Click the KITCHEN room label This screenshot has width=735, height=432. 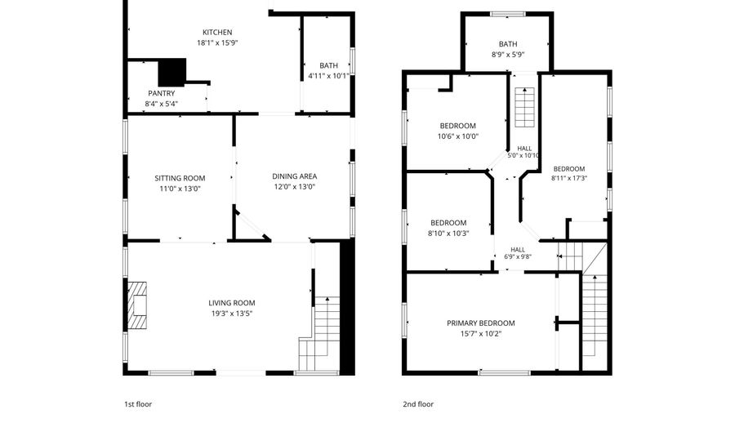click(217, 33)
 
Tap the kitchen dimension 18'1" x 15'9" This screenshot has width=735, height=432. click(217, 43)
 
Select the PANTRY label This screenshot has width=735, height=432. click(161, 93)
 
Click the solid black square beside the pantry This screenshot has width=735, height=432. click(172, 73)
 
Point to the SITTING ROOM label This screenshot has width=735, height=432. click(180, 178)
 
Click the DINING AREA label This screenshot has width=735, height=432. click(294, 176)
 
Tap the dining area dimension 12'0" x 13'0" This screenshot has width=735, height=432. click(294, 187)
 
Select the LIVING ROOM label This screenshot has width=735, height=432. click(232, 303)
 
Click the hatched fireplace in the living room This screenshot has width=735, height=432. click(137, 305)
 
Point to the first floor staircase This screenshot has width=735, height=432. click(318, 334)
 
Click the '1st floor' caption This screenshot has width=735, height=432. click(138, 404)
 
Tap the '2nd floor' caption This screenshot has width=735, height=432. click(418, 404)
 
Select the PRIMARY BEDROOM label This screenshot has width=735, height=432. click(480, 323)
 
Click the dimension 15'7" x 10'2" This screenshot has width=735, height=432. click(481, 334)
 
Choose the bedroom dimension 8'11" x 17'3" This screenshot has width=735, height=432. click(569, 178)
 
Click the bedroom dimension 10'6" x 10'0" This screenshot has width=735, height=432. click(458, 136)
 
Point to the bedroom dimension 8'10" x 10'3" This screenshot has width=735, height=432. click(448, 234)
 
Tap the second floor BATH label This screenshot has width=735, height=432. click(508, 44)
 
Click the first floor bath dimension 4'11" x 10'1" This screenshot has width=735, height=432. click(328, 76)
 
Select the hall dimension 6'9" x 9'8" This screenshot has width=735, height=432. click(518, 256)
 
